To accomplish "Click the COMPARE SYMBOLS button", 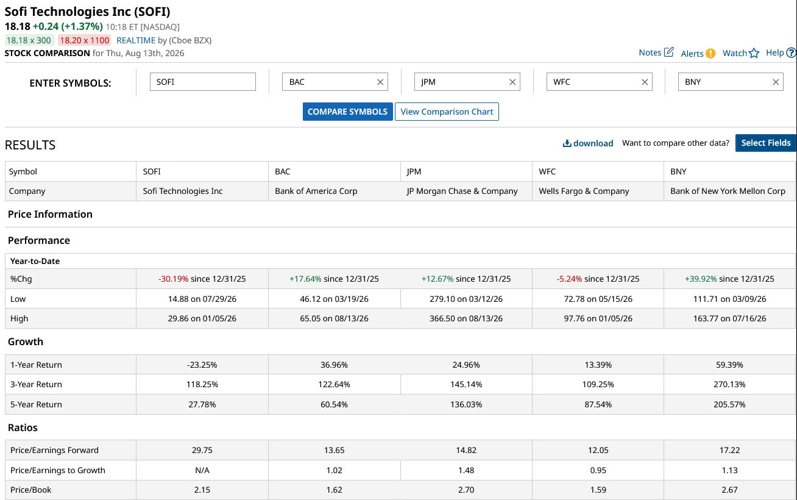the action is (x=347, y=112).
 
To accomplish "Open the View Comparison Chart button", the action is (x=447, y=112).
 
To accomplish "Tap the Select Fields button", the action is (x=766, y=143).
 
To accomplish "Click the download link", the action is (x=588, y=143).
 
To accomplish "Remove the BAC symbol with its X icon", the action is (x=380, y=82).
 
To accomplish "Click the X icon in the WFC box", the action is (x=644, y=82).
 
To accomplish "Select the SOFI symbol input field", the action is (x=203, y=82).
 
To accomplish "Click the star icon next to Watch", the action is (x=754, y=53).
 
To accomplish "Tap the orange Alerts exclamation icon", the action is (x=710, y=53).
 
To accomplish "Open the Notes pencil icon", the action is (x=669, y=52).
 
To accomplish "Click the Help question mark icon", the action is (x=791, y=52).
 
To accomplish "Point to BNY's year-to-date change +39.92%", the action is (x=701, y=279).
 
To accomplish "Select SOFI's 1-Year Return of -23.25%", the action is (x=202, y=365).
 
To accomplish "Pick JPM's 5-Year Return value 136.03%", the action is (x=466, y=404).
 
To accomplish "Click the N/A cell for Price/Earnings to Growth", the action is (x=202, y=470).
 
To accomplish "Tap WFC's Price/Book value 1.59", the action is (x=598, y=490).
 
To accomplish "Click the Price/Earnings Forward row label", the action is (x=54, y=450).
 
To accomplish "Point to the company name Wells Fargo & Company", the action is (x=584, y=191).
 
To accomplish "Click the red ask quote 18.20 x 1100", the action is (x=84, y=40).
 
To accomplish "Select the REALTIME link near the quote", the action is (x=136, y=40).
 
